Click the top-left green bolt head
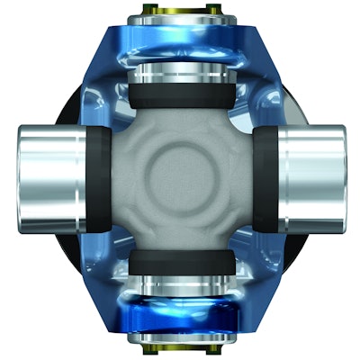[147, 12]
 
